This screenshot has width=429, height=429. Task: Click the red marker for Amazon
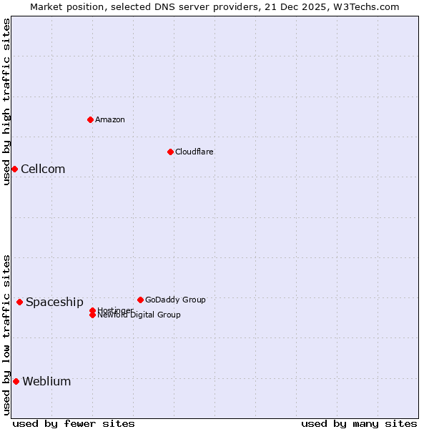[90, 119]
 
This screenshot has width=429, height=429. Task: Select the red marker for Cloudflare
[170, 152]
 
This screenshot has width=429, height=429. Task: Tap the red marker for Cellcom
[14, 169]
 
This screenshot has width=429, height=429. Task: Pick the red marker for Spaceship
[19, 302]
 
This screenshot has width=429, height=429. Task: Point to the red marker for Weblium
[16, 381]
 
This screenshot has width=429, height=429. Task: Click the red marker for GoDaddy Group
[140, 300]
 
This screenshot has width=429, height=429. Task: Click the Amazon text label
[109, 119]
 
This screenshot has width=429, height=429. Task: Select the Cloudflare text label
[194, 152]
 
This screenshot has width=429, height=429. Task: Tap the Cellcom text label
[43, 169]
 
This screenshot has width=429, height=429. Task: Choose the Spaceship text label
[54, 302]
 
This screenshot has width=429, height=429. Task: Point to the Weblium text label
[46, 381]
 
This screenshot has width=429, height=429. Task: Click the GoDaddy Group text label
[175, 300]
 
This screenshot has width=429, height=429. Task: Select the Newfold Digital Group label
[139, 315]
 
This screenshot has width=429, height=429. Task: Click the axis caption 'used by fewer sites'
[74, 423]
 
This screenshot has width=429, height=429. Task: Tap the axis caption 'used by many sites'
[359, 423]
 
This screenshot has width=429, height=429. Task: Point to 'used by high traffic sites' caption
[6, 102]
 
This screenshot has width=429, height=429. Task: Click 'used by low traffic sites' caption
[6, 335]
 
